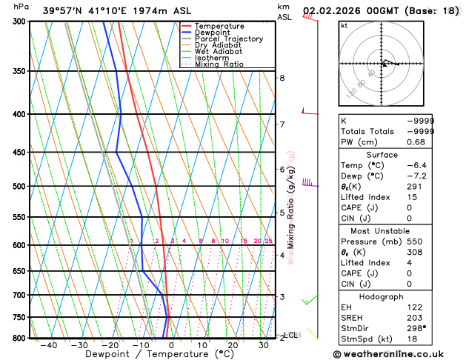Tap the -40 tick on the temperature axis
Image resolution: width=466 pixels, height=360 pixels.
(x=49, y=344)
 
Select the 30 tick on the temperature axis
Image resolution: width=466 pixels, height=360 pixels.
(x=263, y=344)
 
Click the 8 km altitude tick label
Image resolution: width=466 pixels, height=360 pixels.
(x=282, y=78)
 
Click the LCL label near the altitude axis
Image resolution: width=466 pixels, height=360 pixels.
(x=291, y=335)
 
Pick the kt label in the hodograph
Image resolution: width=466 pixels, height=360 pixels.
(x=344, y=25)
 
